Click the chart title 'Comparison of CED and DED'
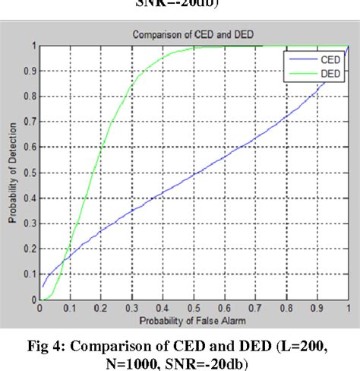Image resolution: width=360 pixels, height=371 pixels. [193, 34]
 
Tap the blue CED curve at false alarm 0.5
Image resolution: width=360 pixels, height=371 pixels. [193, 174]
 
